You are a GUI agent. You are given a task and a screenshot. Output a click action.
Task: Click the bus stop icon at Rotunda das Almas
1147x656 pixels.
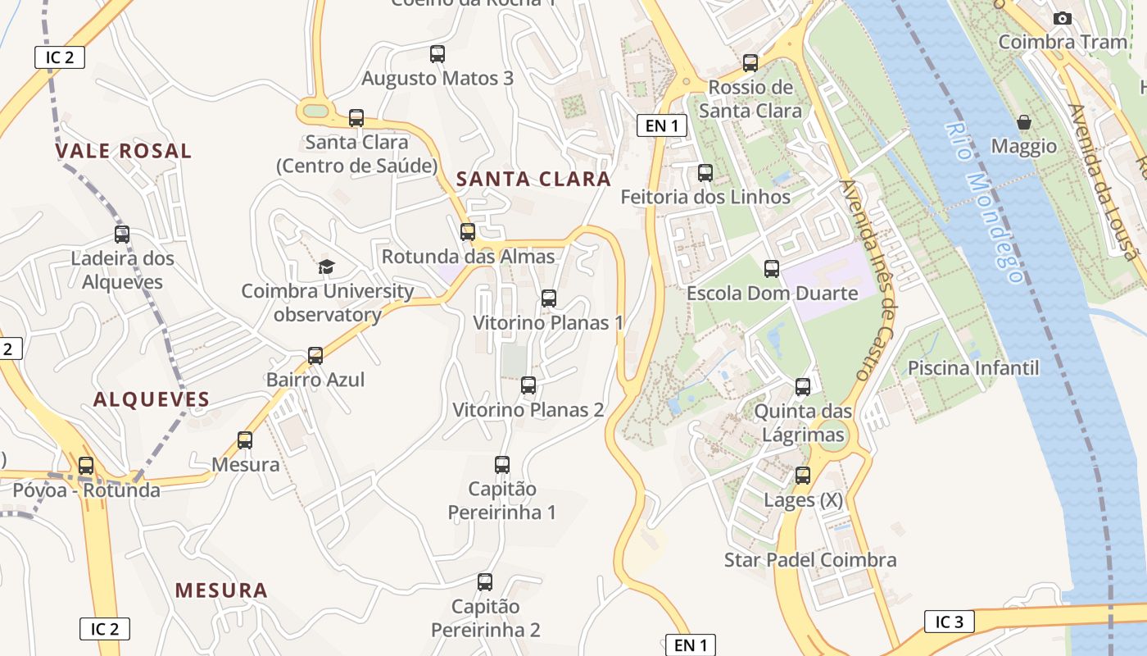pos(468,232)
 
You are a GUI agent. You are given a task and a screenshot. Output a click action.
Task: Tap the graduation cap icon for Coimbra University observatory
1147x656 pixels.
pos(327,266)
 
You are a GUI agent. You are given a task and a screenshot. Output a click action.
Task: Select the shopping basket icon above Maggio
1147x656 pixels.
pos(1024,122)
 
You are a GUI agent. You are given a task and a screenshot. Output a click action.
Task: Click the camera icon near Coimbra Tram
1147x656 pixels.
pos(1062,18)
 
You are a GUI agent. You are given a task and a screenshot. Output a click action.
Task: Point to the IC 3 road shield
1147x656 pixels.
pos(950,622)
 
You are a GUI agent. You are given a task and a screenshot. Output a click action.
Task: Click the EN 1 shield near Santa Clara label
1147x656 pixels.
pos(662,125)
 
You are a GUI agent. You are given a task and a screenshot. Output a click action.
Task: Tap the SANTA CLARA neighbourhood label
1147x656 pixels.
pos(533,179)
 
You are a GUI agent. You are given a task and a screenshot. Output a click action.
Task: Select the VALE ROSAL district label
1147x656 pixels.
pos(124,151)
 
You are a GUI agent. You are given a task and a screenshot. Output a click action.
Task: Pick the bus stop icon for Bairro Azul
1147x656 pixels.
pos(315,356)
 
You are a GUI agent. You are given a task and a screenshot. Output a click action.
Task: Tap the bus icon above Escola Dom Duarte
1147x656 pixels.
pos(771,269)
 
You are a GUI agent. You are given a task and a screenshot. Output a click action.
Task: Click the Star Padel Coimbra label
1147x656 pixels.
pos(810,560)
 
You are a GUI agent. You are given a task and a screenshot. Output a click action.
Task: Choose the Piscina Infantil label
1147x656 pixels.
pos(973,367)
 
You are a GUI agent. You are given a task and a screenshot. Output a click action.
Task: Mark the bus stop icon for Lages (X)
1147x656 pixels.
pos(803,476)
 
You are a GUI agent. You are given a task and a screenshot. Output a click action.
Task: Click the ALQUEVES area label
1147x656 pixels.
pos(152,399)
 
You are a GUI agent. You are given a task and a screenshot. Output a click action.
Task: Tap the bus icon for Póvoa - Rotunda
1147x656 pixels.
pos(86,466)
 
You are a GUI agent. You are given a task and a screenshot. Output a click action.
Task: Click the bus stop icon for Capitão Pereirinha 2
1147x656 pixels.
pos(485,582)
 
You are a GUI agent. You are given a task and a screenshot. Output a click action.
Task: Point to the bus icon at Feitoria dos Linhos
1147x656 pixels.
pos(705,173)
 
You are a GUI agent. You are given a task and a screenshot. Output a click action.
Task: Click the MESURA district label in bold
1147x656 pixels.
pos(221,590)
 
